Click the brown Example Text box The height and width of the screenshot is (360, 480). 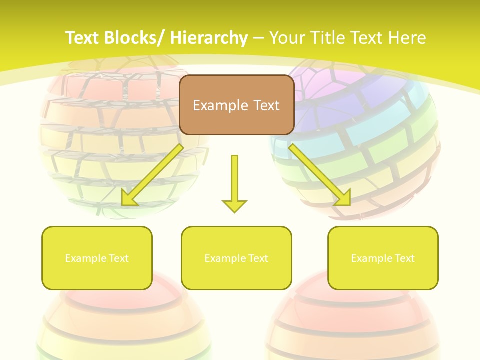236,105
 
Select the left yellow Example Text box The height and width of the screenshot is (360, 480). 97,258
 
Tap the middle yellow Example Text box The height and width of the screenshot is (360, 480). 236,258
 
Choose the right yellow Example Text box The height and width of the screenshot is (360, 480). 383,258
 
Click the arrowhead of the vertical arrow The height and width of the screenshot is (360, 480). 234,205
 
